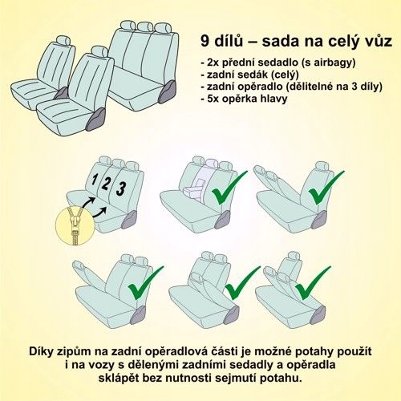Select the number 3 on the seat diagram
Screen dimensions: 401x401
[121, 188]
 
